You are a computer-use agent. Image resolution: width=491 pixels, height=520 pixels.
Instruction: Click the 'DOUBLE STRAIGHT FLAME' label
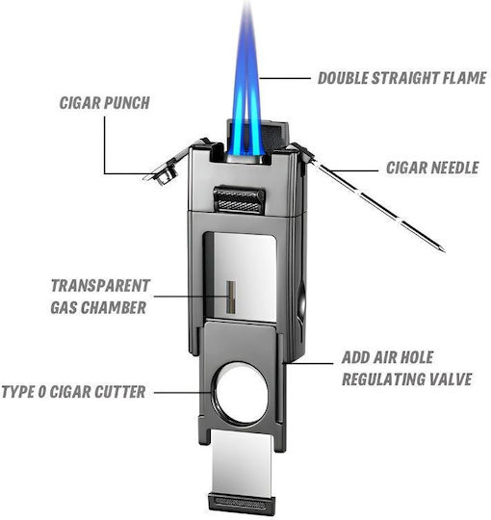click(401, 78)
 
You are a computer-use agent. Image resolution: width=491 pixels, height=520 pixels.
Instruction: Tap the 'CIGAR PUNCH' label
click(104, 103)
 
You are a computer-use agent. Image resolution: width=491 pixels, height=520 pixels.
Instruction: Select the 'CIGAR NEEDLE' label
click(432, 168)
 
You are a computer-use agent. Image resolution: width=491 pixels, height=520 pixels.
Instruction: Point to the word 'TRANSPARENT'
click(100, 286)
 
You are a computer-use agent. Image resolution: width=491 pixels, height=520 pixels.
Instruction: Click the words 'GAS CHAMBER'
click(98, 307)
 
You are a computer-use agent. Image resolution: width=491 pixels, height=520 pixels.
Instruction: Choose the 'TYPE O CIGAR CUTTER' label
click(73, 392)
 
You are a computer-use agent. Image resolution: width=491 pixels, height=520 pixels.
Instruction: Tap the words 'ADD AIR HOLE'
click(388, 357)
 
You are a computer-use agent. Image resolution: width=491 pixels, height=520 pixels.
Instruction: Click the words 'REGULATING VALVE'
click(407, 379)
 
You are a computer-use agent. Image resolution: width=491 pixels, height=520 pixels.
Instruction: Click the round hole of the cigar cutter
click(241, 393)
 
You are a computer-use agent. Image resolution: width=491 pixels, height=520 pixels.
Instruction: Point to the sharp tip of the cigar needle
click(444, 249)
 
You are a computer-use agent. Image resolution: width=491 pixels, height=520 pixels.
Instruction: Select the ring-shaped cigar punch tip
click(164, 179)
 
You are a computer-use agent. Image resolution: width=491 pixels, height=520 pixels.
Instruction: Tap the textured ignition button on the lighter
click(239, 199)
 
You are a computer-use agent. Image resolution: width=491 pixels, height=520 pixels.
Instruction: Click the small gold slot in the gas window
click(231, 298)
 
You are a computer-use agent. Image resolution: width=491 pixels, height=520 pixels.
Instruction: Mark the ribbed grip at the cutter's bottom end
click(242, 503)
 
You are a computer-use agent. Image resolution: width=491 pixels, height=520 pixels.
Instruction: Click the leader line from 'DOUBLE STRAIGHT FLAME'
click(285, 79)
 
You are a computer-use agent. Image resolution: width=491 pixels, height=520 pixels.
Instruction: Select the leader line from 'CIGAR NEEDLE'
click(353, 171)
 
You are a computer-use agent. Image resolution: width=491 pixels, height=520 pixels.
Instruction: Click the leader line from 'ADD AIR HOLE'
click(309, 363)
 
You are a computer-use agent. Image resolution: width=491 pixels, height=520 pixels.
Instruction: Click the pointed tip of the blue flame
click(247, 2)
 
